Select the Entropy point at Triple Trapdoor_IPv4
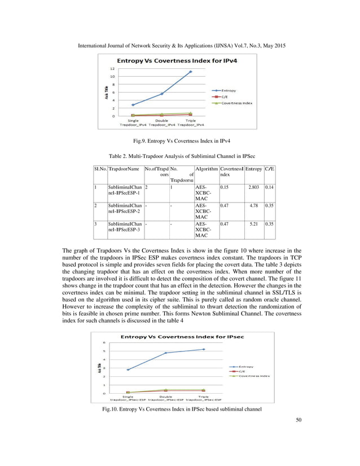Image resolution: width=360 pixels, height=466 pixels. pyautogui.click(x=191, y=72)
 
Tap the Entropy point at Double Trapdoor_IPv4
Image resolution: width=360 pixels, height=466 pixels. pyautogui.click(x=162, y=94)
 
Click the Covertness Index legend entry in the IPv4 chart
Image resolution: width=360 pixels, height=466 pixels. pyautogui.click(x=236, y=103)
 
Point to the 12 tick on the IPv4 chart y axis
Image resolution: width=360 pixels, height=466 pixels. pyautogui.click(x=113, y=68)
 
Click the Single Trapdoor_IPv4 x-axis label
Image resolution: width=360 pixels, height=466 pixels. pyautogui.click(x=133, y=122)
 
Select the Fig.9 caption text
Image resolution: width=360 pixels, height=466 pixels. pyautogui.click(x=180, y=139)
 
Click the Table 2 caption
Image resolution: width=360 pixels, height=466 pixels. pyautogui.click(x=180, y=155)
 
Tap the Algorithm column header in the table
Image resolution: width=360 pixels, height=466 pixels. pyautogui.click(x=205, y=168)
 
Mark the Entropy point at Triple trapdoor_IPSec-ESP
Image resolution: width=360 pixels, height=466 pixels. pyautogui.click(x=203, y=349)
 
